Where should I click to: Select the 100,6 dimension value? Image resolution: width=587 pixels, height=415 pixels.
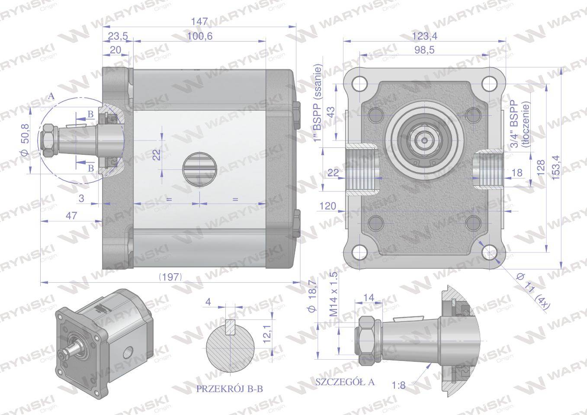tap(199, 36)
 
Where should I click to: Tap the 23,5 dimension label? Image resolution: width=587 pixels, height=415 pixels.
tap(115, 36)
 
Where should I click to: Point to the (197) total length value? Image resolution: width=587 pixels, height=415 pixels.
tap(170, 277)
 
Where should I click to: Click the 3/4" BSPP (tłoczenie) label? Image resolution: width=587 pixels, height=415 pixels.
tap(520, 125)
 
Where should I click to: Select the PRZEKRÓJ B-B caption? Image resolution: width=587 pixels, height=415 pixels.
tap(229, 389)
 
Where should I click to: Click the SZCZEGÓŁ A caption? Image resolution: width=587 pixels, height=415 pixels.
tap(345, 382)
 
